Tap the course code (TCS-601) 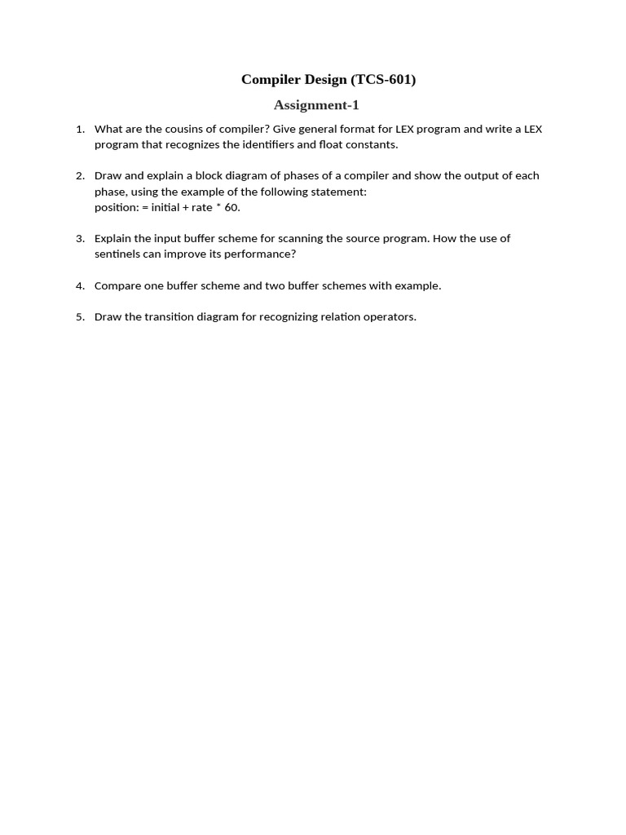383,79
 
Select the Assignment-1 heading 316,104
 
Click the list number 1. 80,129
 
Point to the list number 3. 80,238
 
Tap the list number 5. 80,316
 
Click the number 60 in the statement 231,207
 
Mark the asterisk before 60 218,206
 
